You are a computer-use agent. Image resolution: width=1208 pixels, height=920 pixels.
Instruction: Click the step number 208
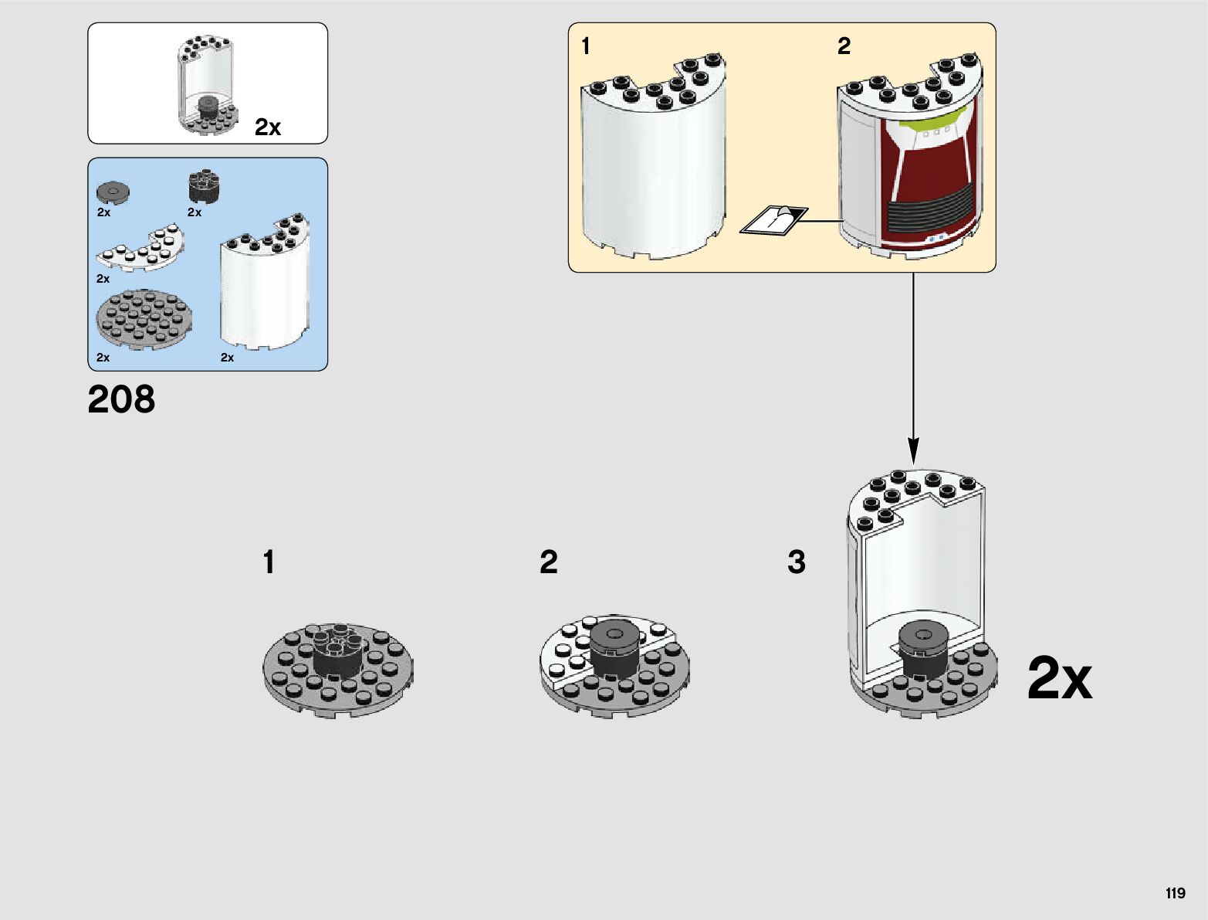click(x=121, y=399)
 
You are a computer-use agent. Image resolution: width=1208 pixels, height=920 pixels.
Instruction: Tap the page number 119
click(x=1175, y=893)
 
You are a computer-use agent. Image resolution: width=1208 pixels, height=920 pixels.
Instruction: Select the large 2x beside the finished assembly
click(x=1059, y=679)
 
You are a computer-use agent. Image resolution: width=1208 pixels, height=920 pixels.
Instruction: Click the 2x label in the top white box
click(x=268, y=127)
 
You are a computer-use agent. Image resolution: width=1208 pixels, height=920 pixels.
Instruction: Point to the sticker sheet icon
click(x=773, y=219)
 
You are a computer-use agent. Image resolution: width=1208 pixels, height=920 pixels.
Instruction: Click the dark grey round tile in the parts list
click(x=113, y=191)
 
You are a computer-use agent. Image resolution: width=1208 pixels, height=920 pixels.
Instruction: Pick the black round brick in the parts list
click(x=204, y=186)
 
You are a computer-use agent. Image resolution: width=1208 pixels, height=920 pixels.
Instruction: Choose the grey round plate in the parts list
click(x=144, y=318)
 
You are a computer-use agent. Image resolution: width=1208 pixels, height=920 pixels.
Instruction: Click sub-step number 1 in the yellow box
click(x=586, y=46)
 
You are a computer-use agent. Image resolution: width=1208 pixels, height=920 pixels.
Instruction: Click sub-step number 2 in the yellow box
click(x=844, y=46)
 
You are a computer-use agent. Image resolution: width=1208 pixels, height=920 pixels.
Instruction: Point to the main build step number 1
click(x=269, y=562)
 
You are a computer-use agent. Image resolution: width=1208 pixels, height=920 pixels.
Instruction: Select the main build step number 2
click(x=548, y=562)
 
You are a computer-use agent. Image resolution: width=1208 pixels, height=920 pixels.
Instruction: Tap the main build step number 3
click(x=796, y=562)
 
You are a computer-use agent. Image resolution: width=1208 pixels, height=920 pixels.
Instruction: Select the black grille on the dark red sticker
click(x=929, y=210)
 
